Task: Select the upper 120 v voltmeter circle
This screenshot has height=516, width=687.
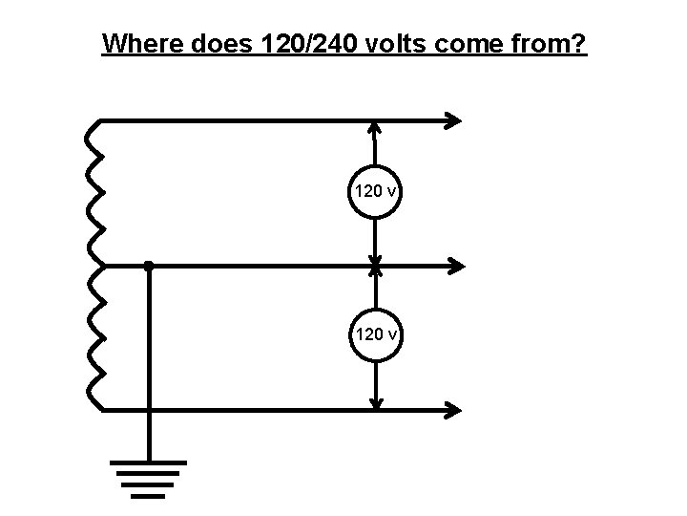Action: pyautogui.click(x=376, y=191)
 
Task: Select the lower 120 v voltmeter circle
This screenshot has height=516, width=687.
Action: pyautogui.click(x=376, y=333)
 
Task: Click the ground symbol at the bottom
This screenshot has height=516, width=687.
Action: pyautogui.click(x=148, y=478)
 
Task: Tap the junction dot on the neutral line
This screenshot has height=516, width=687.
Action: pyautogui.click(x=148, y=266)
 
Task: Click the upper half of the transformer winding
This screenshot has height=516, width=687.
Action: pyautogui.click(x=94, y=193)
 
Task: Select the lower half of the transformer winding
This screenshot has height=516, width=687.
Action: pyautogui.click(x=94, y=338)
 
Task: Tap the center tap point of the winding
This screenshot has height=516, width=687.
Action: pyautogui.click(x=98, y=266)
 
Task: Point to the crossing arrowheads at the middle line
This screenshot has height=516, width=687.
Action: pyautogui.click(x=376, y=266)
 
